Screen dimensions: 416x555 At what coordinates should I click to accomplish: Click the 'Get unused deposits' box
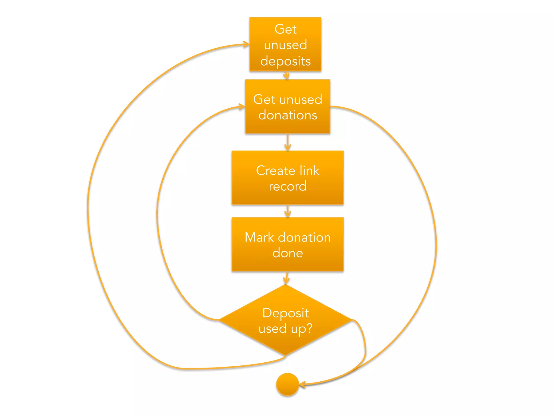(x=285, y=44)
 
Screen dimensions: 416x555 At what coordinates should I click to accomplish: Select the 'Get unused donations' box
(x=288, y=106)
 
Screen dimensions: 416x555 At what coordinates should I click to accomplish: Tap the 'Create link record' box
(x=288, y=178)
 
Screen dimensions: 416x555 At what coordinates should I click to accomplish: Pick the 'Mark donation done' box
(x=288, y=244)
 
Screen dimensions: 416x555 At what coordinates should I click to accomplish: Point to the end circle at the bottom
(x=287, y=384)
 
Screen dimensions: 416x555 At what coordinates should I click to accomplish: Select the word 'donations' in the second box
(x=288, y=115)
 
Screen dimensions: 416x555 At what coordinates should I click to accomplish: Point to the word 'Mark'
(x=259, y=237)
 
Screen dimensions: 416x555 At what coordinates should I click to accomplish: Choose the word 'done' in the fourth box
(x=288, y=253)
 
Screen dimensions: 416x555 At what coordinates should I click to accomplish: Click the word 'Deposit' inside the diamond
(x=286, y=313)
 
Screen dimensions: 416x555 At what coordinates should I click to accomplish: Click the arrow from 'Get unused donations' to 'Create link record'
(x=288, y=142)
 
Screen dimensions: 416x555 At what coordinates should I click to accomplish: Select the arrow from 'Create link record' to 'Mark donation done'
(x=288, y=211)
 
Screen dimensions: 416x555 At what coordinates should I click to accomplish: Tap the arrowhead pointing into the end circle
(x=302, y=384)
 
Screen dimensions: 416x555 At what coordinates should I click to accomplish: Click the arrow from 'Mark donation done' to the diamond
(x=286, y=278)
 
